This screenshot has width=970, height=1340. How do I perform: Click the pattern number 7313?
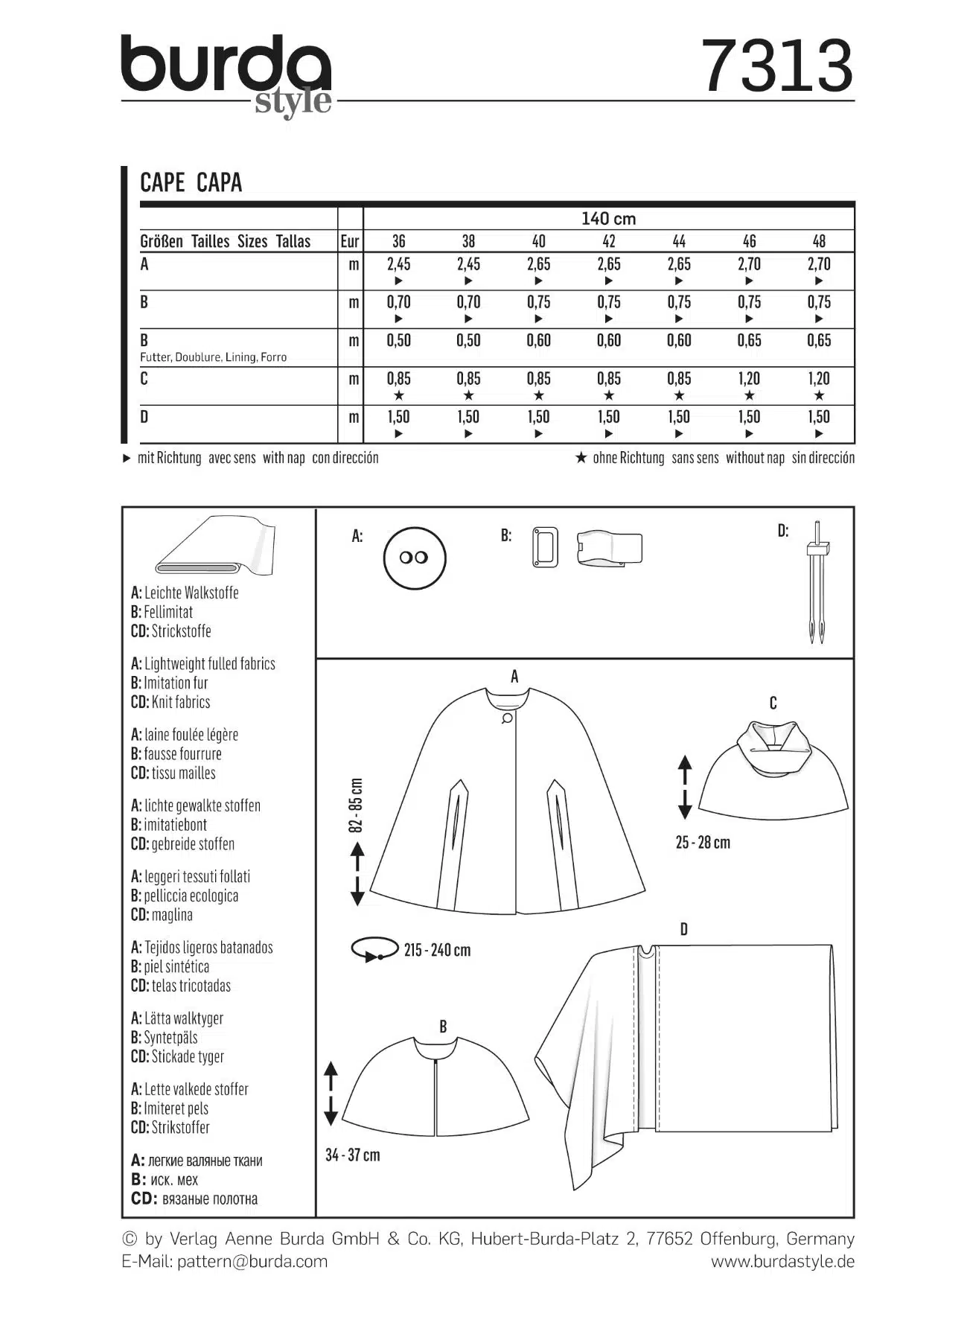click(777, 66)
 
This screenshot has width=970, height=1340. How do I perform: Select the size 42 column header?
click(608, 241)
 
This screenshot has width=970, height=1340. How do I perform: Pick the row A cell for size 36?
click(398, 264)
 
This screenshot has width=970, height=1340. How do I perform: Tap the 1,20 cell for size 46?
click(749, 379)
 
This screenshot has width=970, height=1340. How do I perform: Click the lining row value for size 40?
click(538, 341)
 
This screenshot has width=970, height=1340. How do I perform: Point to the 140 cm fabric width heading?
click(608, 219)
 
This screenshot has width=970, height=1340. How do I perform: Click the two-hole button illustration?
click(414, 558)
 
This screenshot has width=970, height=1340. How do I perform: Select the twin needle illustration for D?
click(817, 582)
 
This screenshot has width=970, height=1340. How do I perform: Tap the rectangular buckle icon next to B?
click(545, 547)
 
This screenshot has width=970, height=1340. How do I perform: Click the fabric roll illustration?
click(216, 546)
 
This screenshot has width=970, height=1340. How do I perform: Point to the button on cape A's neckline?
click(508, 718)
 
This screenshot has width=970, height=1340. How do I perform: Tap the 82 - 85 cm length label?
click(357, 805)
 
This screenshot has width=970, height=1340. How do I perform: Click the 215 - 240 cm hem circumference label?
click(437, 951)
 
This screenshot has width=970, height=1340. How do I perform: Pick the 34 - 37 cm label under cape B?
click(352, 1155)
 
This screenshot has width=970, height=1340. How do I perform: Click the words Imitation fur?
click(176, 683)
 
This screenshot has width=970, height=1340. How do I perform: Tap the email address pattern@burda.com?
click(252, 1261)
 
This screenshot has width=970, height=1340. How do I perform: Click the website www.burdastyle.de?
click(782, 1261)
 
